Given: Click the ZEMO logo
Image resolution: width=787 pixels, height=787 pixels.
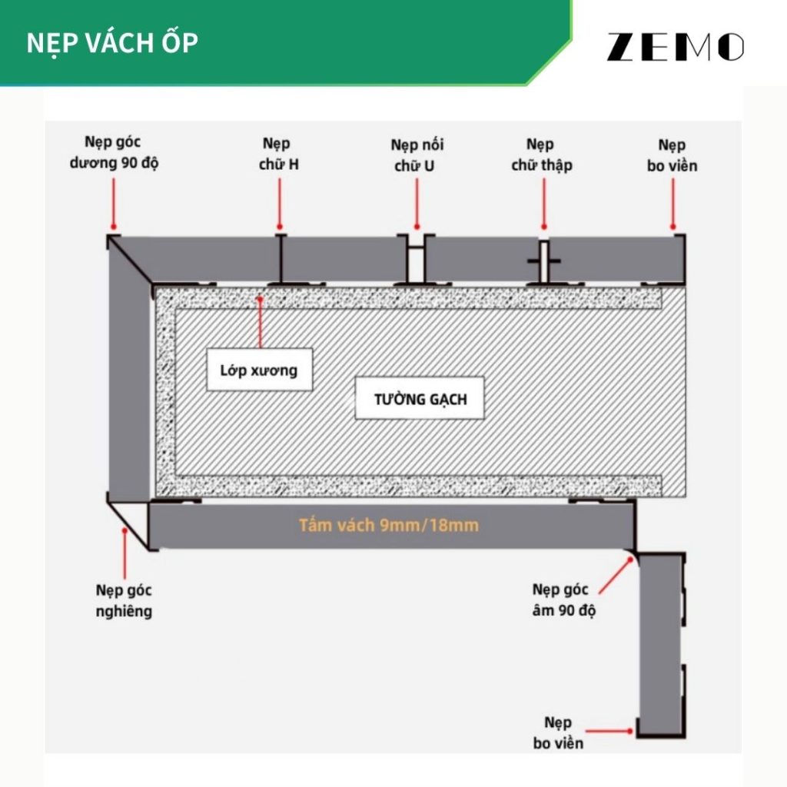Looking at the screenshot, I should pos(675,47).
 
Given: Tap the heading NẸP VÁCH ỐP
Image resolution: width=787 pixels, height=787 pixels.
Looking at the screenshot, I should pos(112,43).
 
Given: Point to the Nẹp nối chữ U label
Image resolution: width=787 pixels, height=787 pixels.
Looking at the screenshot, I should pos(417,154).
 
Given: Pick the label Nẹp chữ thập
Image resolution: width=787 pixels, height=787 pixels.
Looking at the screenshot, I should pos(542,154).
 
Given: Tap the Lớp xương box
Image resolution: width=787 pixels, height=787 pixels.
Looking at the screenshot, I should pos(261,370).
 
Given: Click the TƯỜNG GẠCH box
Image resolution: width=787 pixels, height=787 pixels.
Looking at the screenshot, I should pos(420,400).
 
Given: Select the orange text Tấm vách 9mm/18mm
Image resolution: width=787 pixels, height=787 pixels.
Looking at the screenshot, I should pos(389,526).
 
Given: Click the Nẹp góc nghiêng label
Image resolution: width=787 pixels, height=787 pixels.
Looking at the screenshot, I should pos(124,601).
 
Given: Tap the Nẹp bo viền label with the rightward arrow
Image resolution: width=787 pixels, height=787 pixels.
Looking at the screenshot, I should pos(558,732).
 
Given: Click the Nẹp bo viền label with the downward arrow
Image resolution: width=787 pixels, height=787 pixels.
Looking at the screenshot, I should pos(678,155).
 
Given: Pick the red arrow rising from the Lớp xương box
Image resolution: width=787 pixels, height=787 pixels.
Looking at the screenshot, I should pos(261,323).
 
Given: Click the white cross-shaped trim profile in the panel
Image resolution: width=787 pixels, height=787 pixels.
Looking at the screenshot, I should pos(543,262).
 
